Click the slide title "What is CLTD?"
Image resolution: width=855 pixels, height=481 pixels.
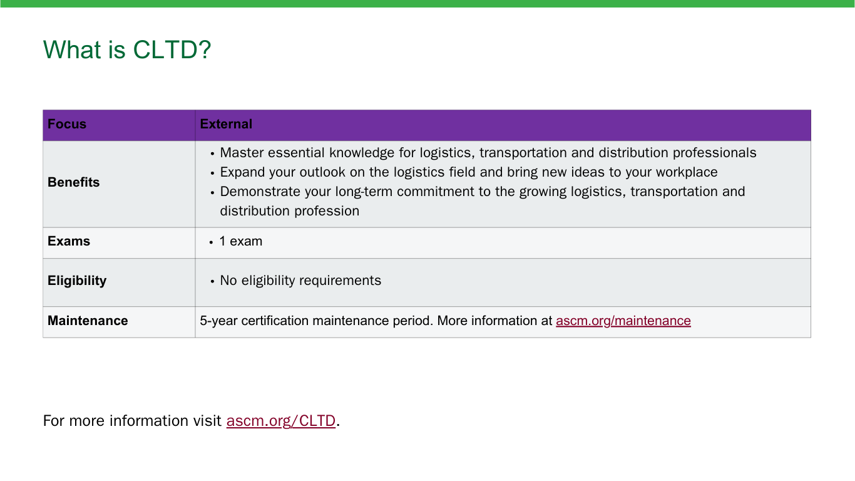pyautogui.click(x=126, y=49)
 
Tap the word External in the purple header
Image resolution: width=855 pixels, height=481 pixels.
pyautogui.click(x=226, y=124)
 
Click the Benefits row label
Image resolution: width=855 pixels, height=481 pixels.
pyautogui.click(x=73, y=182)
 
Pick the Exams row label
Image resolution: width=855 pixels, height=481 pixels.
pyautogui.click(x=69, y=241)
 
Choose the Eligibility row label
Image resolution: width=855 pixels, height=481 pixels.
pyautogui.click(x=77, y=281)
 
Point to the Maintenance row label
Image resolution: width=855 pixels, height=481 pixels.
pyautogui.click(x=88, y=321)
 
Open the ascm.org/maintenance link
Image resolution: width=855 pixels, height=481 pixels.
pyautogui.click(x=623, y=321)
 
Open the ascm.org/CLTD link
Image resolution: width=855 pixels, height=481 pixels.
pyautogui.click(x=281, y=421)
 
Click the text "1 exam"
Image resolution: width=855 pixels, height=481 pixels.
pyautogui.click(x=241, y=242)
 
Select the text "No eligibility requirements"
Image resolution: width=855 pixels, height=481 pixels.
pyautogui.click(x=300, y=281)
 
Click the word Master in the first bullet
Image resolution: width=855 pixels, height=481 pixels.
pyautogui.click(x=242, y=153)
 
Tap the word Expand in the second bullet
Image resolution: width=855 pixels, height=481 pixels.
pyautogui.click(x=242, y=172)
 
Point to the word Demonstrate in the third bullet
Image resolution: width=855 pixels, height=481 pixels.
pyautogui.click(x=260, y=192)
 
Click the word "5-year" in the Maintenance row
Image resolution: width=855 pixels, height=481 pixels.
pyautogui.click(x=218, y=321)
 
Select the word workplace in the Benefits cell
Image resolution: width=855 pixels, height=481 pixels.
pyautogui.click(x=687, y=172)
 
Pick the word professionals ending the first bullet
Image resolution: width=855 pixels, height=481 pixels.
pyautogui.click(x=715, y=153)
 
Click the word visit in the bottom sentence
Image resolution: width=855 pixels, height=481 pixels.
pyautogui.click(x=207, y=421)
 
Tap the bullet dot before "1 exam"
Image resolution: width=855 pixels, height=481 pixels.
pyautogui.click(x=211, y=242)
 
